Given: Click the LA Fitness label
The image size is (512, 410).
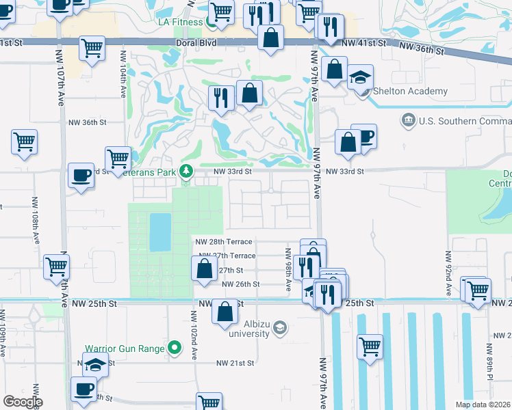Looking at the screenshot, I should click(179, 23).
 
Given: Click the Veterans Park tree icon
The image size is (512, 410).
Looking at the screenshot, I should click(185, 171).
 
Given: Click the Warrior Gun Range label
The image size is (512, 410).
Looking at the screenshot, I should click(125, 348).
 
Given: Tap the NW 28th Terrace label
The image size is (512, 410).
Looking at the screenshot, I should click(224, 242).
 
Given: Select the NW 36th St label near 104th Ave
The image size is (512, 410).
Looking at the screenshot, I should click(88, 123).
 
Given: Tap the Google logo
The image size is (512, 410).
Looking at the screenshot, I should click(23, 402).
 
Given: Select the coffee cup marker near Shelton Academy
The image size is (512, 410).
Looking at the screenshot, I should click(364, 136).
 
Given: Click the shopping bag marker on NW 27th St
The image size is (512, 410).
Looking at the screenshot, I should click(204, 267).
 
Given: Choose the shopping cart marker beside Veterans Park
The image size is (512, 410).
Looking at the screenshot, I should click(118, 159).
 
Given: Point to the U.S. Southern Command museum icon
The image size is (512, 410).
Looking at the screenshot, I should click(409, 121).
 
